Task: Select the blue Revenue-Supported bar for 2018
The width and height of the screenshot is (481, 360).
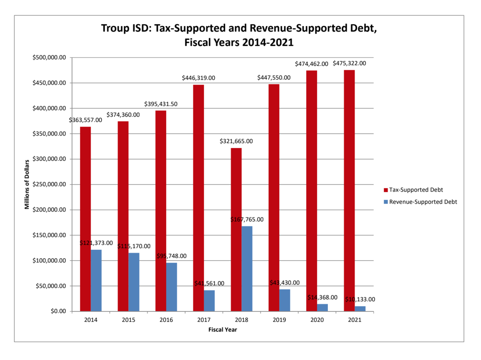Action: coord(247,269)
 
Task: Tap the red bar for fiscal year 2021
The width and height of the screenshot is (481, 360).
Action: coord(349,190)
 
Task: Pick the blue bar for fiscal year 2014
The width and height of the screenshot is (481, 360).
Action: coord(96,280)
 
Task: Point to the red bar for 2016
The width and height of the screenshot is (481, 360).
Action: coord(161,210)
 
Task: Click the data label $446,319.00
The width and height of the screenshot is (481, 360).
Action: coord(198,78)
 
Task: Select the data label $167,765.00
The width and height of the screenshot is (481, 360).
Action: coord(247,219)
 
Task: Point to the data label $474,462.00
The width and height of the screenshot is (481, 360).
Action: coord(311,64)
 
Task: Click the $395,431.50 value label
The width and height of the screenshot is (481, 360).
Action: coord(161,104)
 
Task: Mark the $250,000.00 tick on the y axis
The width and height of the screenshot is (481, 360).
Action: coord(49,184)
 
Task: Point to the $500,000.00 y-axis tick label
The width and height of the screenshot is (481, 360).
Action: coord(49,58)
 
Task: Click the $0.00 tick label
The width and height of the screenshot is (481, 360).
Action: coord(56,311)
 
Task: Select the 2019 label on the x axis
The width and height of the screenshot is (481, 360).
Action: coord(279,320)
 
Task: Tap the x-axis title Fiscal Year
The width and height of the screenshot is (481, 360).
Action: coord(223,330)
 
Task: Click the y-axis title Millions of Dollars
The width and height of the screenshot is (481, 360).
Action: coord(27,184)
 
